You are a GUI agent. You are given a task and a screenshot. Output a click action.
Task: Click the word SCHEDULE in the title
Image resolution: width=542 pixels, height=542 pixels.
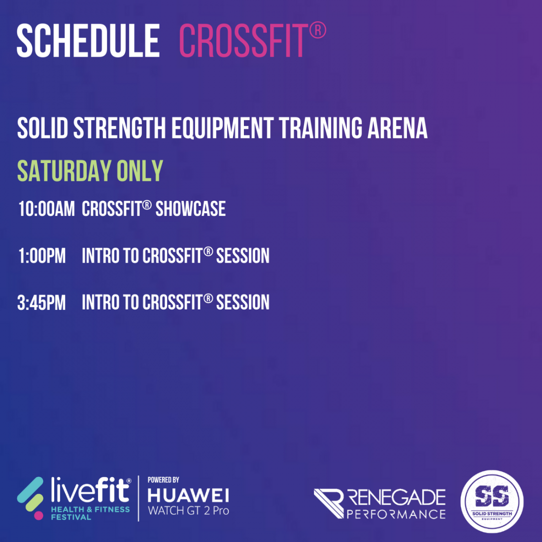click(88, 40)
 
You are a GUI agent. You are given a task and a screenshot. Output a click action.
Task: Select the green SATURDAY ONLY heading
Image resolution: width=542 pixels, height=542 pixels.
click(90, 171)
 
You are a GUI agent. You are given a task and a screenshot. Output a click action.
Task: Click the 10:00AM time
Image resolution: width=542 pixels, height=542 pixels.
click(47, 209)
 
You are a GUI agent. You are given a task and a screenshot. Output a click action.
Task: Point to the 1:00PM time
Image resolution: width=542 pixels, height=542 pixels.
click(42, 256)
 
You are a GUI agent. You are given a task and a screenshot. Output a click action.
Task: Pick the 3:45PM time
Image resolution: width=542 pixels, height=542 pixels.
click(41, 303)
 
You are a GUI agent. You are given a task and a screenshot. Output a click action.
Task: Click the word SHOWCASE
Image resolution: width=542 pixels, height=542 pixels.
click(191, 209)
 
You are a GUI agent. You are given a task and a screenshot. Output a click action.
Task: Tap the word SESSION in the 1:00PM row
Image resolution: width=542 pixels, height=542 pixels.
click(242, 256)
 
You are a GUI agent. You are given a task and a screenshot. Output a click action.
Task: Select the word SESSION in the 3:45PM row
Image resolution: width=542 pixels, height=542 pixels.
click(242, 303)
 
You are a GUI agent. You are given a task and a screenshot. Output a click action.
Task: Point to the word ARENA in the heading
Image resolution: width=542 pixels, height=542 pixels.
click(397, 128)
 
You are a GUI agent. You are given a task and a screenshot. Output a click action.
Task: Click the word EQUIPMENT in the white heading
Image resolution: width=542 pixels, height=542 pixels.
click(223, 129)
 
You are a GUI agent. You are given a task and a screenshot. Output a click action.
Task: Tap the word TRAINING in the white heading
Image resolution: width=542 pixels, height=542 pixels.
click(320, 128)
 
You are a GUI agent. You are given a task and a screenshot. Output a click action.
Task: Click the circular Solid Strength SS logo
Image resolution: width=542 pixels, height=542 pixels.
click(492, 501)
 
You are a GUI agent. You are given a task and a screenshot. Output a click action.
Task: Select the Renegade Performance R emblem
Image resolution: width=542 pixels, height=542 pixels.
click(328, 503)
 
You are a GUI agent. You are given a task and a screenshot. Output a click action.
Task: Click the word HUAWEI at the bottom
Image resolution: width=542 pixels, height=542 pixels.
click(188, 496)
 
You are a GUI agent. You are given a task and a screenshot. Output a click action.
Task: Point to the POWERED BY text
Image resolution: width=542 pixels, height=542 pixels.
click(163, 480)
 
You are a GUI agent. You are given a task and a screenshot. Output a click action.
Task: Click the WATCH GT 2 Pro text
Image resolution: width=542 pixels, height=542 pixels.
click(188, 510)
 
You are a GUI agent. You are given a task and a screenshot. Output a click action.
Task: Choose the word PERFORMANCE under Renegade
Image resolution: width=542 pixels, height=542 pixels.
click(396, 514)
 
